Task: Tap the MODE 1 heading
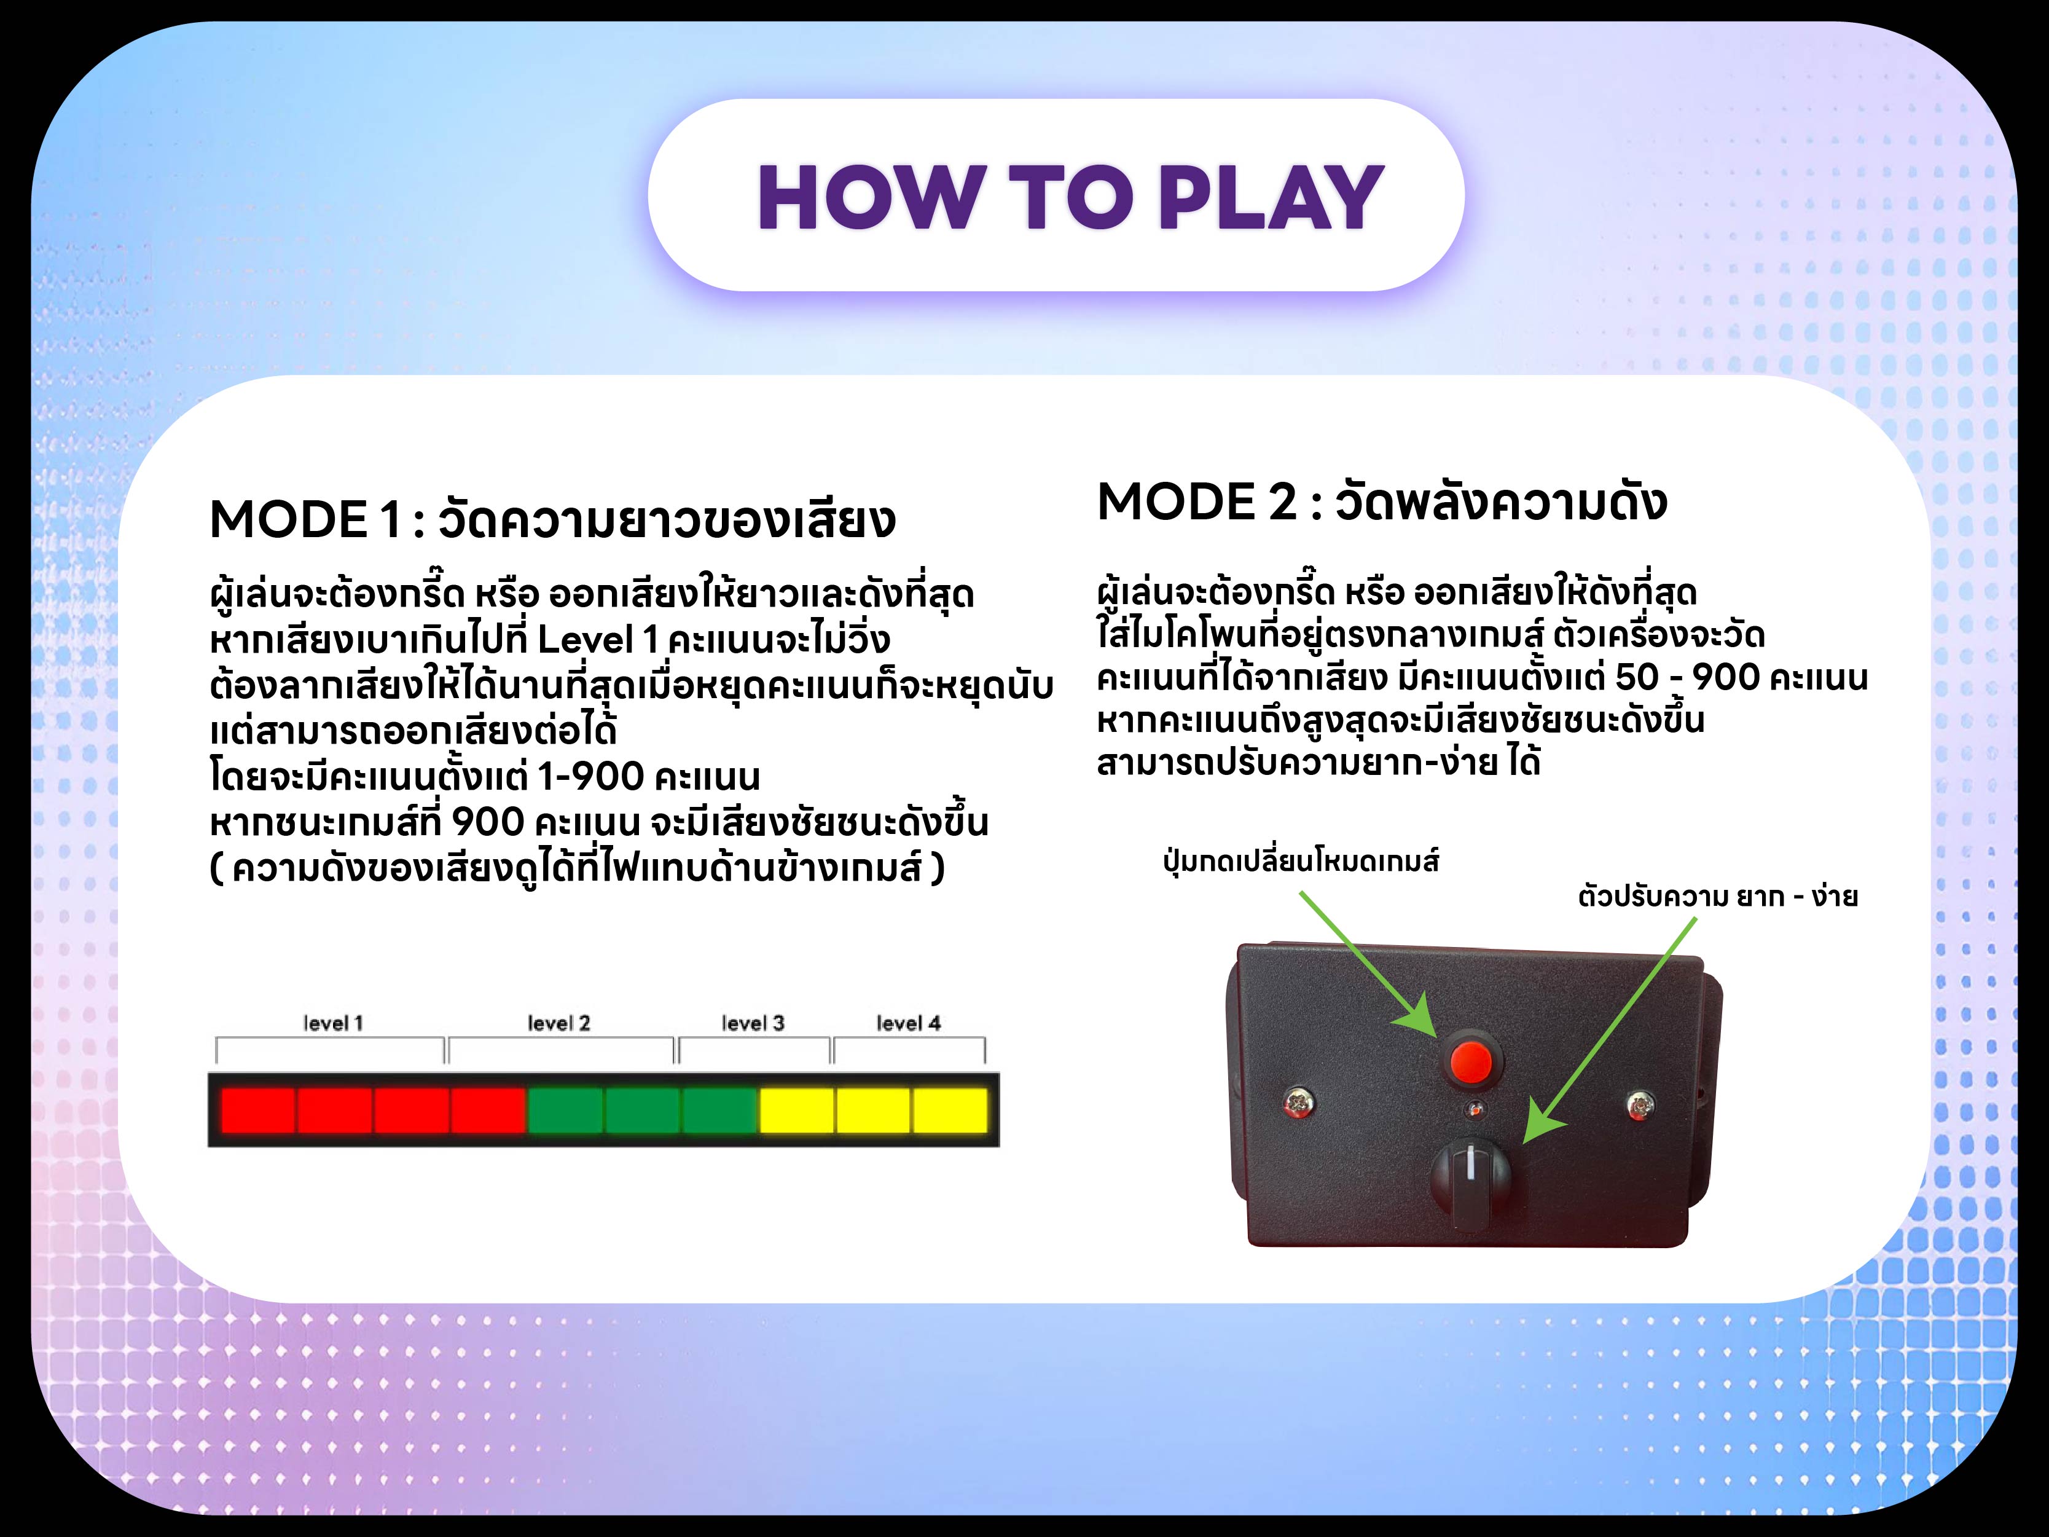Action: [552, 519]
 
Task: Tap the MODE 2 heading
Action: [1381, 501]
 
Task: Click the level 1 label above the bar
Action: [334, 1023]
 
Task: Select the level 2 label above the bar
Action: [558, 1023]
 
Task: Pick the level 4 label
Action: [909, 1023]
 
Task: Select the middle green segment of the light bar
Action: [643, 1110]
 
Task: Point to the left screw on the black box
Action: [1298, 1103]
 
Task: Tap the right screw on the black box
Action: [1640, 1103]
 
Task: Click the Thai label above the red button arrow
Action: [1301, 862]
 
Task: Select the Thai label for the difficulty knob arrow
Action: [1717, 897]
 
